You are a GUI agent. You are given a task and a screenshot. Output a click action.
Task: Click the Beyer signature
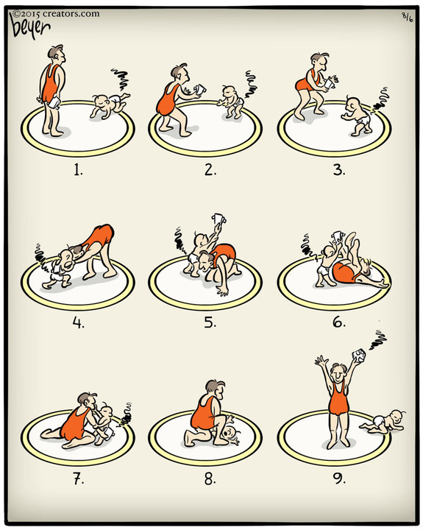[31, 27]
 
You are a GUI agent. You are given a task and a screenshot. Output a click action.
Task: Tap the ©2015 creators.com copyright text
[56, 13]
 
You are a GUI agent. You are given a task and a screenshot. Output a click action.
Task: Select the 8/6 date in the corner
[407, 17]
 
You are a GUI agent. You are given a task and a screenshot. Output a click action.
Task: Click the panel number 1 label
[78, 170]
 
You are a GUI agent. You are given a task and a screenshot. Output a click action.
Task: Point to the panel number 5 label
[210, 323]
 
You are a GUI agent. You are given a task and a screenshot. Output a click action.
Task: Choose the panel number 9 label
[339, 478]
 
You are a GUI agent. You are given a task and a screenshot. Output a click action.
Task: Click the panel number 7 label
[79, 478]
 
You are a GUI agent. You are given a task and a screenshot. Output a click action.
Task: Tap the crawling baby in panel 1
[110, 104]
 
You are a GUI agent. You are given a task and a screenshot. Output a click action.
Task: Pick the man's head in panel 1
[56, 53]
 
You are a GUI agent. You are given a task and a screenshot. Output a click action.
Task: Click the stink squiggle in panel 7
[127, 414]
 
